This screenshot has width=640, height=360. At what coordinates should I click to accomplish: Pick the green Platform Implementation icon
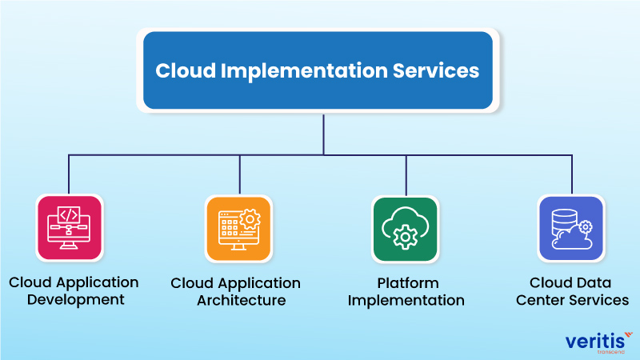coord(406,228)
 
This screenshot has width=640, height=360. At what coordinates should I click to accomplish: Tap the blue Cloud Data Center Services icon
coord(571,228)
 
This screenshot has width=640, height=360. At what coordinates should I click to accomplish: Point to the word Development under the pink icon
coord(74,300)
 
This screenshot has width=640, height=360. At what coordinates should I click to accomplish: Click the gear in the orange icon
coord(250,218)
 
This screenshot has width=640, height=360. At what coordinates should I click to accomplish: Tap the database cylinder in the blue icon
coord(563,218)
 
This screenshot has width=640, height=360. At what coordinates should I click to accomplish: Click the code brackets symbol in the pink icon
coord(70,214)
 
